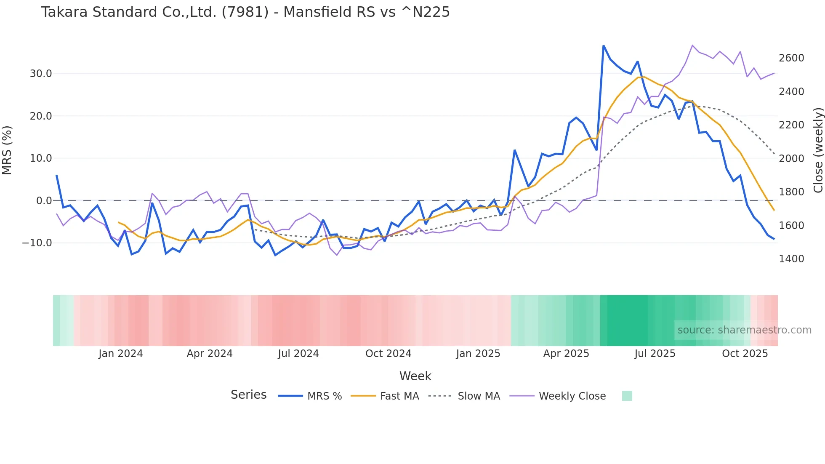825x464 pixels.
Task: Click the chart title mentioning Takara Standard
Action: (245, 12)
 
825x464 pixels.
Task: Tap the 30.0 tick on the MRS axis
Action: (41, 74)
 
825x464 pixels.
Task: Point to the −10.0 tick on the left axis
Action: (37, 243)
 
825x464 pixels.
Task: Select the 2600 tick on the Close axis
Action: (791, 58)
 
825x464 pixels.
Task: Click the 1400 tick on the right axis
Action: (791, 259)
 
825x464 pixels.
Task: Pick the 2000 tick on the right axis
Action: (791, 159)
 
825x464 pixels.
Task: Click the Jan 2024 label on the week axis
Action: (121, 354)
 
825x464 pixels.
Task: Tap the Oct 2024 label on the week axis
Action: (388, 354)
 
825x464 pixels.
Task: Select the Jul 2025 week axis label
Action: (655, 354)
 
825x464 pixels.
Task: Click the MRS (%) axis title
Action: (7, 150)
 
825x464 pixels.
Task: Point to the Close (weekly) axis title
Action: (818, 150)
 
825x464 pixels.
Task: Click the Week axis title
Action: (415, 376)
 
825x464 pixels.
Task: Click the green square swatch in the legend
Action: (627, 396)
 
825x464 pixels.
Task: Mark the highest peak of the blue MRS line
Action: (604, 46)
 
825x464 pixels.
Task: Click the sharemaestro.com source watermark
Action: (744, 330)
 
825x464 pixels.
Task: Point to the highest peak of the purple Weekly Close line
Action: (692, 45)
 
